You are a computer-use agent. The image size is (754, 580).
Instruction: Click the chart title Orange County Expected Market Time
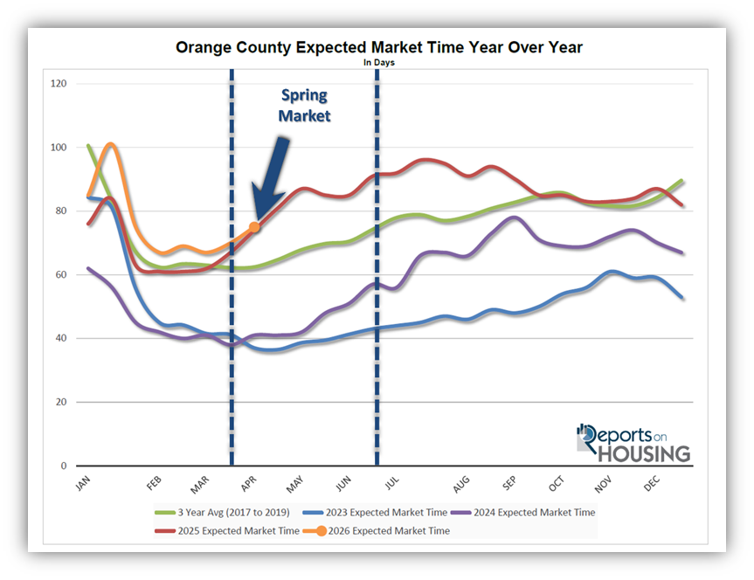[x=378, y=46]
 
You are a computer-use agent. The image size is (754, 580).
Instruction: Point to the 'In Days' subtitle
[x=378, y=63]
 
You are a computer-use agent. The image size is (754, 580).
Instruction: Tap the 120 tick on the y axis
[x=59, y=84]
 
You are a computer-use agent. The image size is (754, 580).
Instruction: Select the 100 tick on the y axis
[x=59, y=148]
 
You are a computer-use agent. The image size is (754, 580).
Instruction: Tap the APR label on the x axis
[x=248, y=483]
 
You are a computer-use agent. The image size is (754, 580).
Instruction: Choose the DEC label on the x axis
[x=650, y=483]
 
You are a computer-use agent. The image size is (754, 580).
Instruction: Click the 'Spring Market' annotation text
[x=305, y=105]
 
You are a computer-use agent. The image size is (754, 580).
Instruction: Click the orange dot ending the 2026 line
[x=254, y=227]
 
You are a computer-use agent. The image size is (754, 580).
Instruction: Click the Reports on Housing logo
[x=633, y=443]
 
